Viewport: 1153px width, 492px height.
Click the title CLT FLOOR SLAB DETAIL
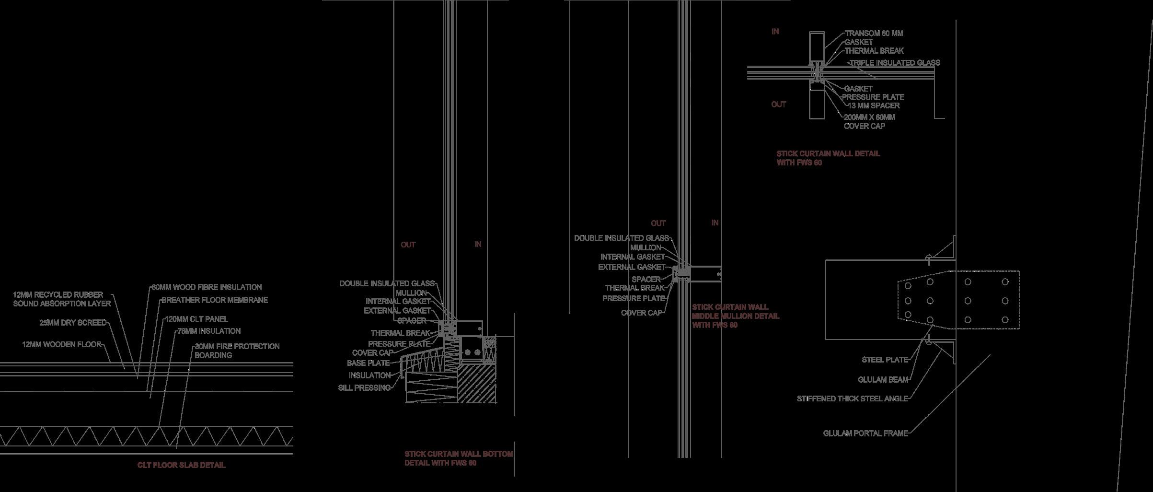pos(181,465)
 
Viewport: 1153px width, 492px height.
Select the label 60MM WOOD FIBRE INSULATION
pos(207,287)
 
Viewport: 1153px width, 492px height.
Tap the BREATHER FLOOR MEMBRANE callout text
pos(214,300)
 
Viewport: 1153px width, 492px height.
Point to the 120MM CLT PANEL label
pos(196,319)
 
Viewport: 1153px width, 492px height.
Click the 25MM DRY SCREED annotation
pos(73,323)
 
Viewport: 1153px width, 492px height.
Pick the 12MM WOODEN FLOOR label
pos(62,344)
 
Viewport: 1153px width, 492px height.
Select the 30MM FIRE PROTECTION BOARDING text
pos(237,351)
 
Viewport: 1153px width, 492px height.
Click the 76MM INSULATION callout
pos(209,331)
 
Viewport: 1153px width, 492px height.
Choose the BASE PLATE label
pos(368,363)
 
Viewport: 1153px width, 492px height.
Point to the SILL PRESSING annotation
pos(364,387)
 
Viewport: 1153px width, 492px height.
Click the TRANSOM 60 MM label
pos(874,33)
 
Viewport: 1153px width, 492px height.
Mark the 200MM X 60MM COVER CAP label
pos(869,121)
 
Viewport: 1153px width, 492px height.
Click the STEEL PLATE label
pos(885,360)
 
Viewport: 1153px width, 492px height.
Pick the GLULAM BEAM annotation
pos(883,380)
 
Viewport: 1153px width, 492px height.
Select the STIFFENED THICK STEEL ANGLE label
pos(852,398)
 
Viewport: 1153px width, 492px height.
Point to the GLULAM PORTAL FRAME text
pos(865,433)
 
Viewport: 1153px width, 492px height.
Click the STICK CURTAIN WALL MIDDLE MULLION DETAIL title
pos(735,316)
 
